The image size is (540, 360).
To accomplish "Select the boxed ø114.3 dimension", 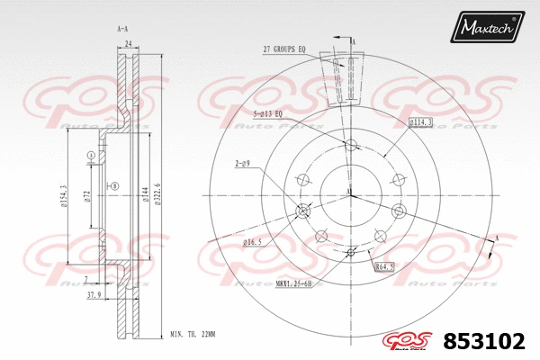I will click(420, 121).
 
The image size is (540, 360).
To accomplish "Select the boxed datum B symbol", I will click(115, 186).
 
